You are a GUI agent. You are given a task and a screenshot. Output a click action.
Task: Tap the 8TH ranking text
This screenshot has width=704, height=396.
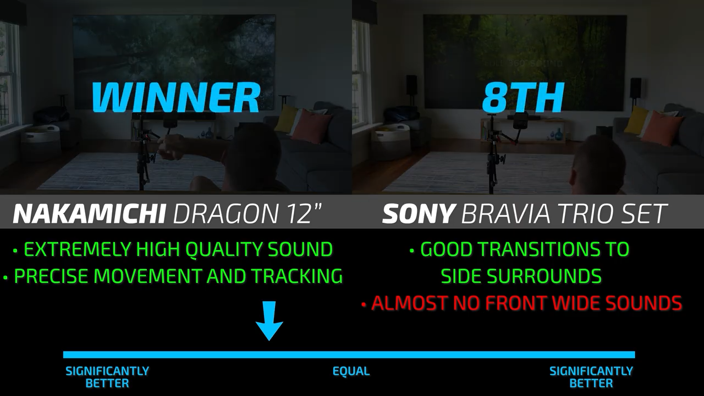point(522,97)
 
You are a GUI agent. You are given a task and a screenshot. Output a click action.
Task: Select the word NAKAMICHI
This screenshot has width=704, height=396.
point(89,214)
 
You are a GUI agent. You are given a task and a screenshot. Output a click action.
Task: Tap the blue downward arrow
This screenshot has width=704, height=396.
point(269,321)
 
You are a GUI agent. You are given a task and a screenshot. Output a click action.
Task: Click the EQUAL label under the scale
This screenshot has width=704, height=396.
point(351,371)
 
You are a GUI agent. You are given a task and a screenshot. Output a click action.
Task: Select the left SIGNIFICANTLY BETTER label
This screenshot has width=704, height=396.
point(107,377)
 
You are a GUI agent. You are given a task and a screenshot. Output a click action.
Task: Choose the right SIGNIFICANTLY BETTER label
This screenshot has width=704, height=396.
point(591,377)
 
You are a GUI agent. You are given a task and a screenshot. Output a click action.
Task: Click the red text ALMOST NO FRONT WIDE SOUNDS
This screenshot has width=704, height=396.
point(522,303)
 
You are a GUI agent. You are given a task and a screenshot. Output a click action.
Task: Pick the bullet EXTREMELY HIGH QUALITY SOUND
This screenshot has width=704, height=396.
point(173,249)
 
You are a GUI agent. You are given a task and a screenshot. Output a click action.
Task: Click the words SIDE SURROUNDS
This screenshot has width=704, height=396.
point(521,276)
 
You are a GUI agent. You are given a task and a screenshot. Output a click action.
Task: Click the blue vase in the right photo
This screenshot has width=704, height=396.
point(559,133)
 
